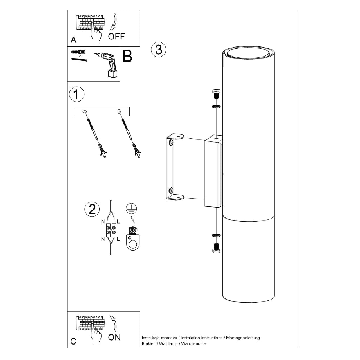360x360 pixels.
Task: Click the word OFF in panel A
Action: click(x=116, y=36)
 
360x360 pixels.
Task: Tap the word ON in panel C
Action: click(x=114, y=337)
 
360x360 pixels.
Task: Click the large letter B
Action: click(x=127, y=56)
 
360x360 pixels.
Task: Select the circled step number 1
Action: click(x=77, y=94)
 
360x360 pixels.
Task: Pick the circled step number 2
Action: click(x=92, y=209)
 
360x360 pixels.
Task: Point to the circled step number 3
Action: click(x=159, y=50)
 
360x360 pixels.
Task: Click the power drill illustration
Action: click(x=107, y=65)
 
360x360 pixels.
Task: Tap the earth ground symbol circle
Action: click(x=131, y=208)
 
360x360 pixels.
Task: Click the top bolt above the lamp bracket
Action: click(x=216, y=94)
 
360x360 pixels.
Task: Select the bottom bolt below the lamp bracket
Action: click(x=216, y=248)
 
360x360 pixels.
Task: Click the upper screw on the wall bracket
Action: click(x=171, y=143)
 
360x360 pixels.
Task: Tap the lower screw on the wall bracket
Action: click(x=171, y=190)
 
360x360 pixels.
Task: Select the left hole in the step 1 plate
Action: click(x=85, y=112)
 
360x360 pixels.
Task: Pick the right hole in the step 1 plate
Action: click(x=119, y=112)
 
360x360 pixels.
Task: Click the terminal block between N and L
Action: click(x=111, y=230)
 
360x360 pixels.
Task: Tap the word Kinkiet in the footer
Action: click(x=148, y=343)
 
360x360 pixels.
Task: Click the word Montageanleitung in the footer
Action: click(x=243, y=338)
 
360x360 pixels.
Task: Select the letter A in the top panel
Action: click(x=73, y=40)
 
